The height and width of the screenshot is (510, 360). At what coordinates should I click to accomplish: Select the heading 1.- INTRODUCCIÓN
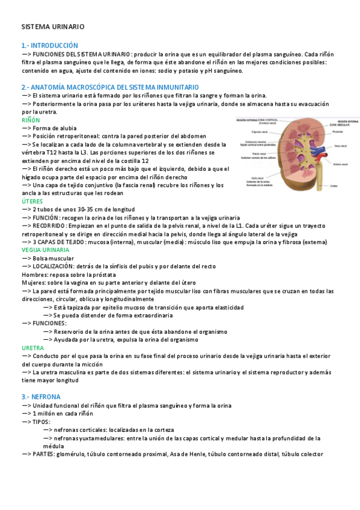click(x=50, y=45)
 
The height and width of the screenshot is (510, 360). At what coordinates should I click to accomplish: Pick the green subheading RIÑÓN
click(x=31, y=120)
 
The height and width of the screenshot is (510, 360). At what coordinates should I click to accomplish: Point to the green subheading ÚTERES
click(x=32, y=201)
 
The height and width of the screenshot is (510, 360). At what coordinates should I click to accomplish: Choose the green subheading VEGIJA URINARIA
click(x=46, y=250)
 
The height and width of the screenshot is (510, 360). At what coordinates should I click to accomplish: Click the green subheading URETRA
click(x=32, y=348)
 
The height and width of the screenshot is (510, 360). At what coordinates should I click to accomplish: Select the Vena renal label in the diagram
click(x=341, y=146)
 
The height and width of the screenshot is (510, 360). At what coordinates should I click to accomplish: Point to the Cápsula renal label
click(x=259, y=132)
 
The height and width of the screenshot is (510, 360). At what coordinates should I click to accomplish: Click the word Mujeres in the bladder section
click(x=35, y=282)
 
